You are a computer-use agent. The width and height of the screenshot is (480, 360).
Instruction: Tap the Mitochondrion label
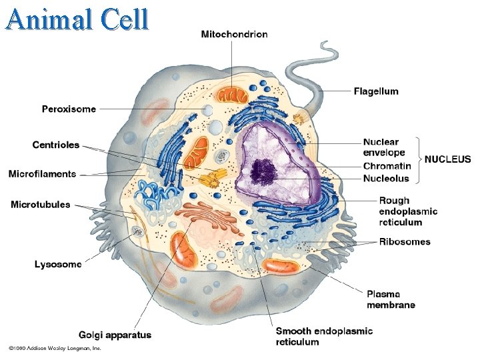[x=234, y=35]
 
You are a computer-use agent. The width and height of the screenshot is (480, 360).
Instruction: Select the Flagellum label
[x=376, y=91]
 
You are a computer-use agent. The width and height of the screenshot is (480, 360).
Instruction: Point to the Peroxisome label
[x=69, y=109]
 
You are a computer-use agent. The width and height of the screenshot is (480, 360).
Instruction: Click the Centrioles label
[x=56, y=145]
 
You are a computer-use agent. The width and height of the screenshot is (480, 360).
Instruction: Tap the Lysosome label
[x=58, y=264]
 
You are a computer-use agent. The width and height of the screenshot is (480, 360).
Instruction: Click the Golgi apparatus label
[x=115, y=335]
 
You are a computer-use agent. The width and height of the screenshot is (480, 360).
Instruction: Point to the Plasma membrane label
[x=391, y=299]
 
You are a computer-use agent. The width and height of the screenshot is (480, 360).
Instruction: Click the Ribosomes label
[x=405, y=241]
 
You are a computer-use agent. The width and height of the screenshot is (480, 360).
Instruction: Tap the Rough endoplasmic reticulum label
[x=408, y=211]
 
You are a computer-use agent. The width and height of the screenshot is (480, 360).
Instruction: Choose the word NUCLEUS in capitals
[x=447, y=159]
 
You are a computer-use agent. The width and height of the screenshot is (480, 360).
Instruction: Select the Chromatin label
[x=387, y=166]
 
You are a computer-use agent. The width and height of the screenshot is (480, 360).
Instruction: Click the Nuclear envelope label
[x=381, y=147]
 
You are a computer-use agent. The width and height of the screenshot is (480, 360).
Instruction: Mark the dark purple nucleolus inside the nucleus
[x=266, y=172]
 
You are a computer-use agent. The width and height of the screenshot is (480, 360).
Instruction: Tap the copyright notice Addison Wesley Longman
[x=55, y=348]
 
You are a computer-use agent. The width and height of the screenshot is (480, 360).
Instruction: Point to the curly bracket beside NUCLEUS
[x=419, y=159]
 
